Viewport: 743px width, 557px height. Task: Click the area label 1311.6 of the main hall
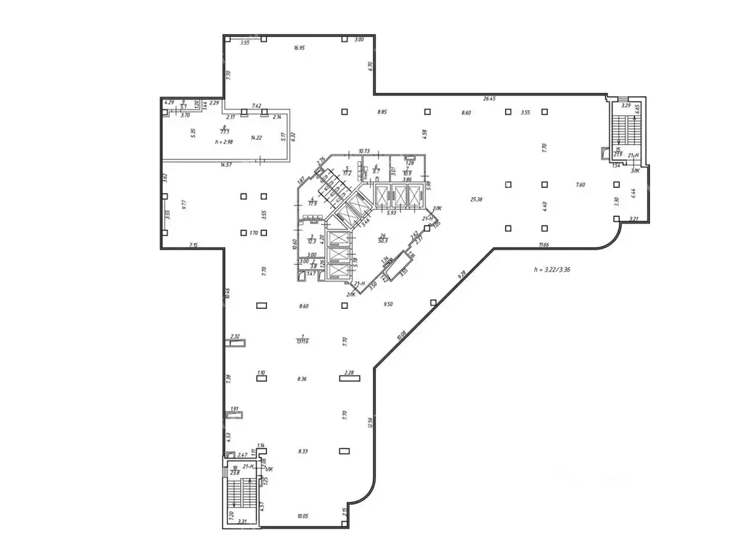pos(299,342)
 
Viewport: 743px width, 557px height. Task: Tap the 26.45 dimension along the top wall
pos(488,99)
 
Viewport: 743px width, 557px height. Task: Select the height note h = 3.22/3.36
pos(552,268)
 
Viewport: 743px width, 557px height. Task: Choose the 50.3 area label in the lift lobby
pos(382,239)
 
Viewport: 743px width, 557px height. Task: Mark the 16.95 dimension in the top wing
pos(299,48)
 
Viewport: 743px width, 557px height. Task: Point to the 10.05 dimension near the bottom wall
pos(303,516)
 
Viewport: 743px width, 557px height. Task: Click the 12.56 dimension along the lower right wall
pos(370,422)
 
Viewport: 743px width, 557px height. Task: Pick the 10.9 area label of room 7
pos(408,173)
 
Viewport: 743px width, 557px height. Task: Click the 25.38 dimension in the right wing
pos(477,199)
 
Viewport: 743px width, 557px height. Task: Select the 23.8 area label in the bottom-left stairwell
pos(234,472)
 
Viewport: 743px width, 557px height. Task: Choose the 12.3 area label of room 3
pos(312,240)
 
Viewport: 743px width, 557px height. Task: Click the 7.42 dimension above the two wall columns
pos(256,106)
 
